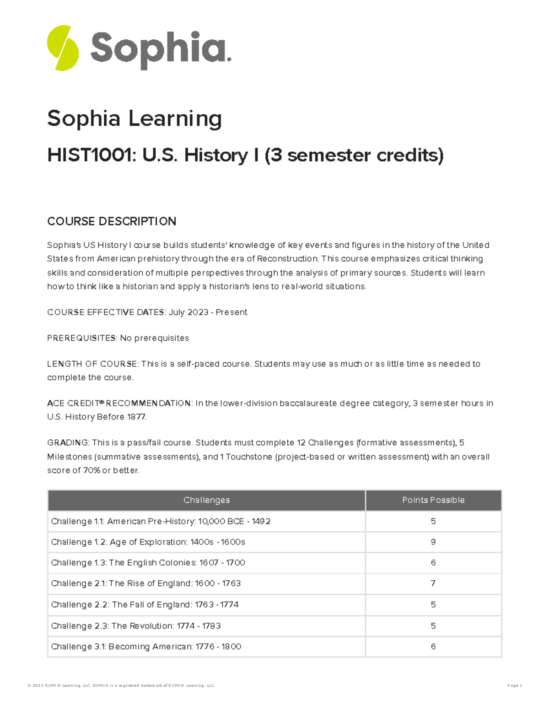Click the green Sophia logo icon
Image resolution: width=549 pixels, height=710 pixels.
tap(63, 48)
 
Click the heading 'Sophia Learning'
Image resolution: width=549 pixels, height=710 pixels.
tap(135, 118)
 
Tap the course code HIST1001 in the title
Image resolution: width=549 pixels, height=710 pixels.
tap(91, 156)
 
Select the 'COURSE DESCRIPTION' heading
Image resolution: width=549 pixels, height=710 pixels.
tap(112, 221)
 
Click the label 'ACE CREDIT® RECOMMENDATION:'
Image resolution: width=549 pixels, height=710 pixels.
tap(119, 403)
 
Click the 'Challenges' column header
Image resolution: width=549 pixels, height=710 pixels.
tap(206, 500)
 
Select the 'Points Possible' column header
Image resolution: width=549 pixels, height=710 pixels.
tap(433, 500)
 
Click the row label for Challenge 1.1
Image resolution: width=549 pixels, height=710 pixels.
tap(161, 521)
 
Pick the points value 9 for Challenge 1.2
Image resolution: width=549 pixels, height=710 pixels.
tap(433, 542)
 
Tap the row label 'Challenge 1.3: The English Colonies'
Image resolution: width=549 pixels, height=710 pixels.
tap(148, 563)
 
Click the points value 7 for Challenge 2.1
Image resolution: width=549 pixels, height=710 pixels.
tap(433, 583)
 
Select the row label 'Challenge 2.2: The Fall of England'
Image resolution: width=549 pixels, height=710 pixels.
tap(145, 604)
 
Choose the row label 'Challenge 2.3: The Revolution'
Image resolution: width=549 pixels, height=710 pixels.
tap(136, 626)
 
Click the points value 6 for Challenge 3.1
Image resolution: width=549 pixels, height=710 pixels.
tap(433, 646)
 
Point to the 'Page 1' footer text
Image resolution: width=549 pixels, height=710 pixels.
tap(514, 685)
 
